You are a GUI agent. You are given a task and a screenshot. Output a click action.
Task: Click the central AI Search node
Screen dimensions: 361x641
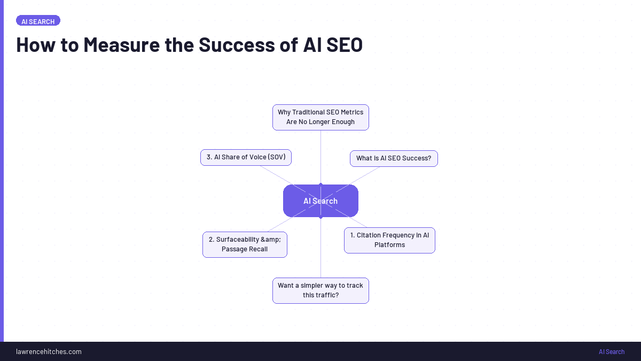(320, 201)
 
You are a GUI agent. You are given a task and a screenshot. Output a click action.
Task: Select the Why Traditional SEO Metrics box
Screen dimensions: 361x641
(320, 117)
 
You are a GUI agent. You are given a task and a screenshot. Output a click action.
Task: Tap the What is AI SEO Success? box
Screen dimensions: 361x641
(394, 158)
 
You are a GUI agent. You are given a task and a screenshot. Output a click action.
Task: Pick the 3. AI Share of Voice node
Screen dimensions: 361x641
(246, 157)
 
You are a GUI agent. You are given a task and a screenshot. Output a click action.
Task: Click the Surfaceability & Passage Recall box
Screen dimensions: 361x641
(245, 244)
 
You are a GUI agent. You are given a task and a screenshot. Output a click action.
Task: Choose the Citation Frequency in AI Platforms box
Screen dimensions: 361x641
(389, 240)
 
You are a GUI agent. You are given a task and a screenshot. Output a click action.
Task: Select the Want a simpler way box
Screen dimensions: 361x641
(320, 290)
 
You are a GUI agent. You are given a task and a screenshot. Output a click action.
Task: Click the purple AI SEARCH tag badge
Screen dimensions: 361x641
(38, 21)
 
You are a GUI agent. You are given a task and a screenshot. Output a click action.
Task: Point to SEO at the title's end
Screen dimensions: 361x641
(344, 45)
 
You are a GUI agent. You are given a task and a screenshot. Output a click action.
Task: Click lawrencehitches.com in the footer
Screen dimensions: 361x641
(49, 351)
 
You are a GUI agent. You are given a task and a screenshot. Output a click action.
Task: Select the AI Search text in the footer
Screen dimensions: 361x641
(611, 351)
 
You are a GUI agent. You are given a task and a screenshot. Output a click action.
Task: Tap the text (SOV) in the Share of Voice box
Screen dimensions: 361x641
(276, 157)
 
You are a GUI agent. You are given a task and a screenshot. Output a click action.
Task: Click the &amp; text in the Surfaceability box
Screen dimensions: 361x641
(271, 240)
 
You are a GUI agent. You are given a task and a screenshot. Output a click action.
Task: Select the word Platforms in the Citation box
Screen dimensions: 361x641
(389, 245)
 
